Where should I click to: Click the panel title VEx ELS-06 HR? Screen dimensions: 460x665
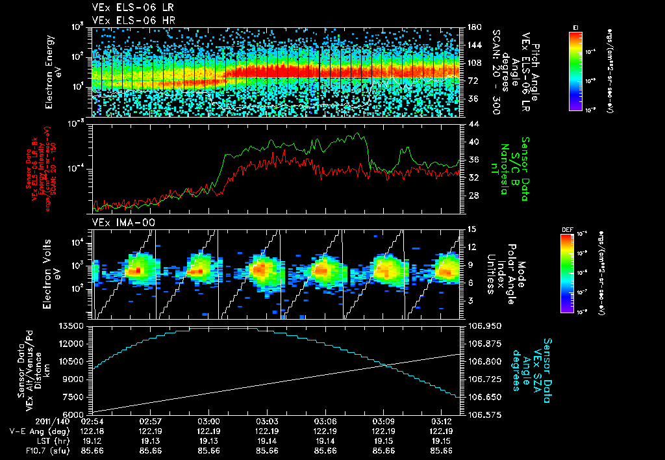click(125, 20)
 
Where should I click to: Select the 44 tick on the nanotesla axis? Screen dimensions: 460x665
click(472, 123)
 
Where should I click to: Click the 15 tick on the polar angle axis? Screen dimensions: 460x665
click(472, 229)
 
